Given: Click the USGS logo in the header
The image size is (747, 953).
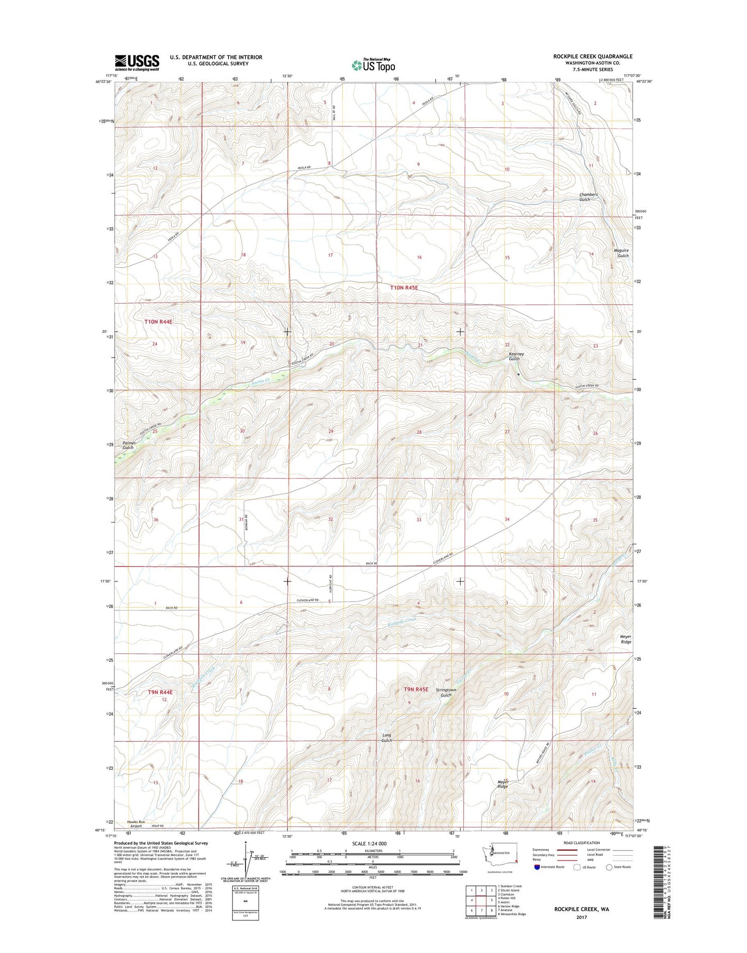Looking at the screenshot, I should coord(137,62).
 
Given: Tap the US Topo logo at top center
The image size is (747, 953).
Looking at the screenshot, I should coord(373,65).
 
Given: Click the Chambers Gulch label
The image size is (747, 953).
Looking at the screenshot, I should coord(588,197).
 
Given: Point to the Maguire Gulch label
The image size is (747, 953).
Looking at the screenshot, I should coord(621,253).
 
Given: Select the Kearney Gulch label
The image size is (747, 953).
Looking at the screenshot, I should coord(516,356).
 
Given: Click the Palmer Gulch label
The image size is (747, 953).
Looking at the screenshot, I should coord(128,445).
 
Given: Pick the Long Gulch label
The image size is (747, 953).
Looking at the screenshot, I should coord(387,738).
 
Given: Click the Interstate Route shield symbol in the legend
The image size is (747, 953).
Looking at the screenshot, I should coord(538,882).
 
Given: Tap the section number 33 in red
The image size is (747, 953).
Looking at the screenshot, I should coord(419,519).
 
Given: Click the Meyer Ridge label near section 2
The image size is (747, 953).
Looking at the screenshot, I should coord(626,639).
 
